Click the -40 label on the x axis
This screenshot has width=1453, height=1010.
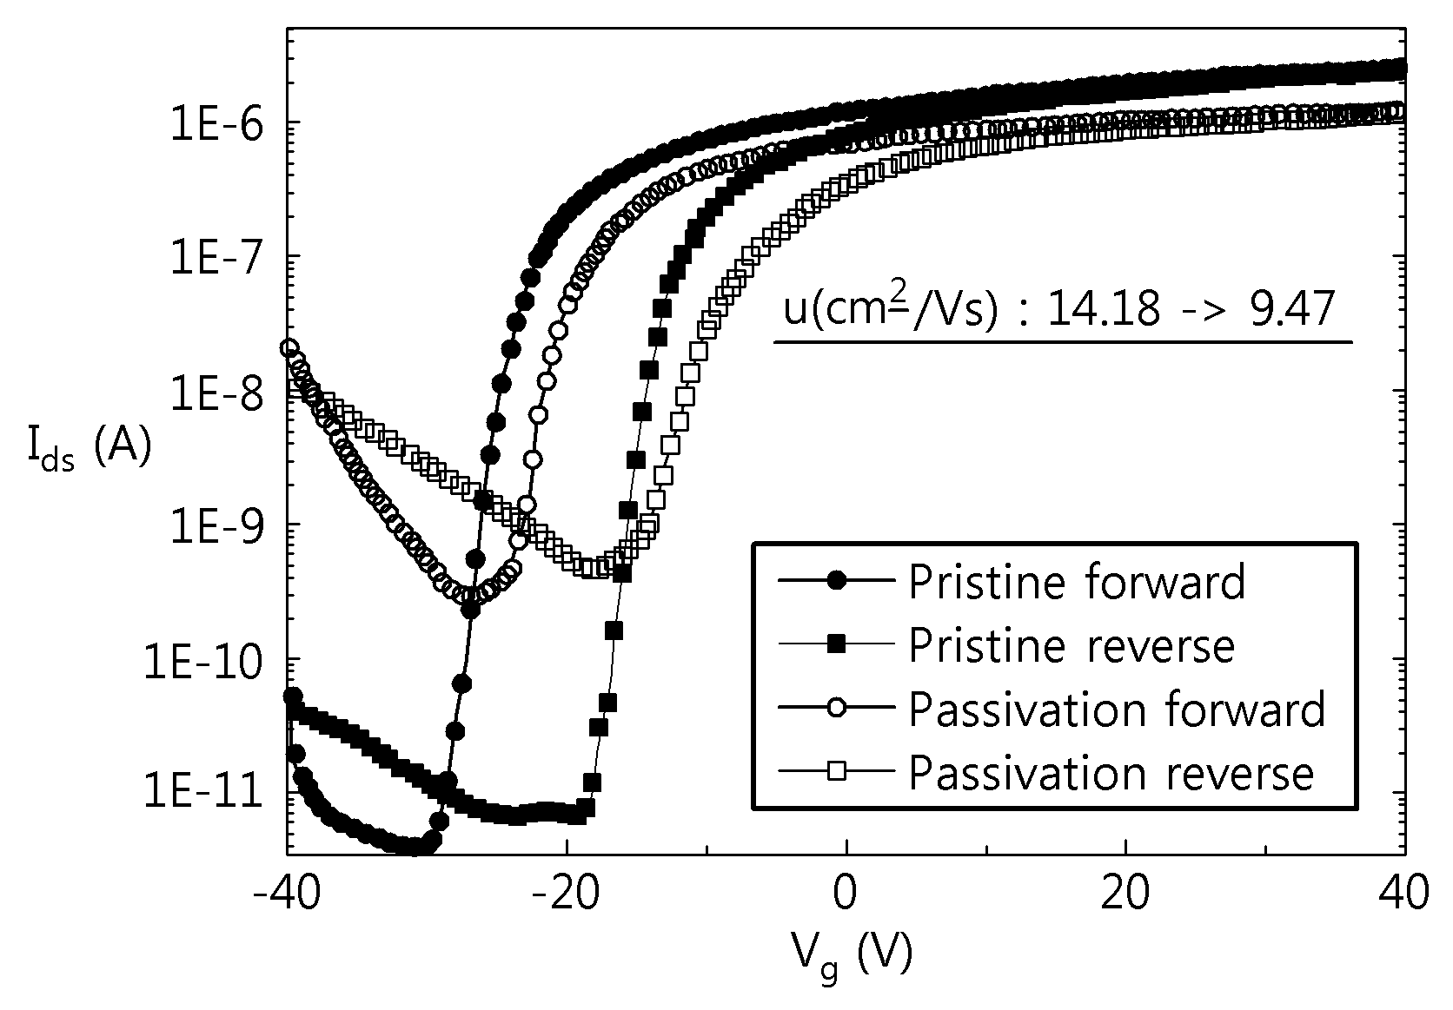[287, 894]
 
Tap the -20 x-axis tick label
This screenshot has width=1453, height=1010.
[567, 894]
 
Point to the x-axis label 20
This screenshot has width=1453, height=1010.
[1125, 894]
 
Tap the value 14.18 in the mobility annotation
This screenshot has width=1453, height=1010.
[1103, 309]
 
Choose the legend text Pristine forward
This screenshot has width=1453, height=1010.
[1077, 582]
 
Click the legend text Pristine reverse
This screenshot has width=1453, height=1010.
[1072, 645]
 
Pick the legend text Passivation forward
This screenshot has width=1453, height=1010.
[1117, 710]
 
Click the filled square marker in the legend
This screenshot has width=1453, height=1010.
[837, 644]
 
